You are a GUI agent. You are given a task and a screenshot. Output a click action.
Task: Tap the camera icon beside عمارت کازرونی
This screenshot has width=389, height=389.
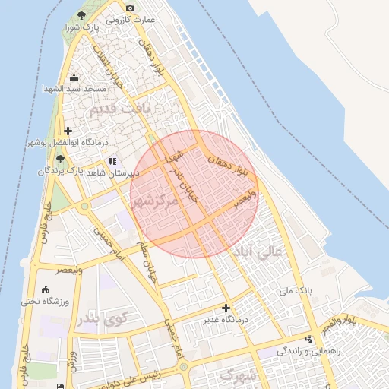click(130, 8)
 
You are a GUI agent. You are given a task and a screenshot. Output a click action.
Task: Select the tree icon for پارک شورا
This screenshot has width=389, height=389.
click(82, 16)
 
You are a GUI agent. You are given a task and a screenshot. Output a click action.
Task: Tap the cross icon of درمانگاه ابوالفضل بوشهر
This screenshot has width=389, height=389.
click(68, 131)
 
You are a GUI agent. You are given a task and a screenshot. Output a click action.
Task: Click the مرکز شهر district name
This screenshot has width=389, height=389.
click(155, 202)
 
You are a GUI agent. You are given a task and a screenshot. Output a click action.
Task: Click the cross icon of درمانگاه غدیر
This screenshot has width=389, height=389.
click(226, 308)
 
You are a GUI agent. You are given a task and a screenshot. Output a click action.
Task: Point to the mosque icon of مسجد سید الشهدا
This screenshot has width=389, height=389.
click(74, 78)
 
